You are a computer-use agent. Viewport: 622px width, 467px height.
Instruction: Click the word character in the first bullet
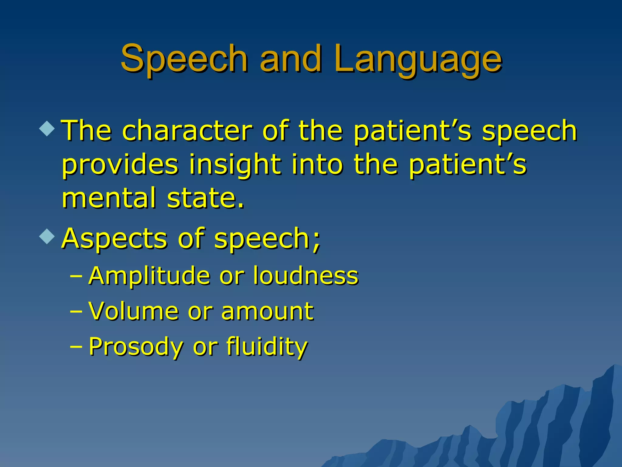(x=187, y=131)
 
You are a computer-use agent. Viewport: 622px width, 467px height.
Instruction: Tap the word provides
(x=120, y=164)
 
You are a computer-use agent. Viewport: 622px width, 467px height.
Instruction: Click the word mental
(x=109, y=198)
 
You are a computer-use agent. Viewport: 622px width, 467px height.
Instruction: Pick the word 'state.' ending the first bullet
(x=206, y=198)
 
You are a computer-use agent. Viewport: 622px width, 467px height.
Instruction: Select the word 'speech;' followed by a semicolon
(x=267, y=238)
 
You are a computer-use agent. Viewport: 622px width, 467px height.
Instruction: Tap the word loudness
(x=306, y=276)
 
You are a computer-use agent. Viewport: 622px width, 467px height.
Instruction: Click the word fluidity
(x=267, y=347)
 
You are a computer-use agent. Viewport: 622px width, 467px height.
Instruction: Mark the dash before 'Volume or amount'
(x=76, y=312)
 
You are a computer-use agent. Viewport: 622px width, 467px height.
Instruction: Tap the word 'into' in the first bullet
(x=317, y=164)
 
